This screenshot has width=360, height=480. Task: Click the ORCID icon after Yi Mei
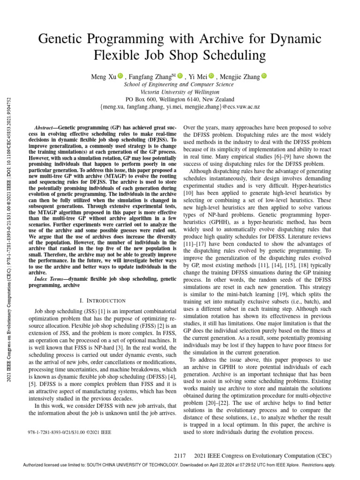tap(211, 75)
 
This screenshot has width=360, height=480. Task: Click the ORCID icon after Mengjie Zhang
tap(263, 75)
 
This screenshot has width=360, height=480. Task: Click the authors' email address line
tap(180, 107)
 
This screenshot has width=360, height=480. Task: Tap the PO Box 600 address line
tap(180, 99)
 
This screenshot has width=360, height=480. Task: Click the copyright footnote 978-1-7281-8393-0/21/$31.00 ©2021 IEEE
tap(70, 420)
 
